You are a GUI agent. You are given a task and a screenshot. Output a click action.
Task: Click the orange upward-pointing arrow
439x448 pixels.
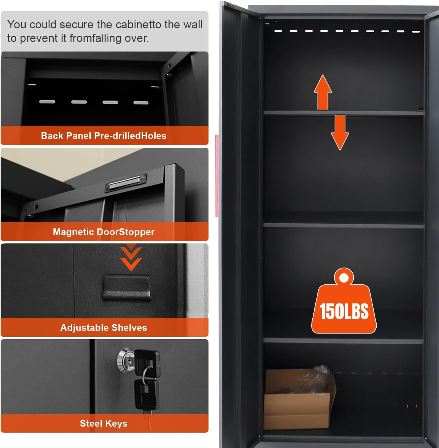tap(323, 92)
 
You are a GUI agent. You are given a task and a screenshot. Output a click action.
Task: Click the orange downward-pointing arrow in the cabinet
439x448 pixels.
tap(340, 132)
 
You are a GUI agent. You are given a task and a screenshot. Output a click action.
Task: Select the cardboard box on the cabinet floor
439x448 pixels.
tap(300, 399)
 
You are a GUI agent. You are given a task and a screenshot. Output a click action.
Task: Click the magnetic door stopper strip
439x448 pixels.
tap(125, 183)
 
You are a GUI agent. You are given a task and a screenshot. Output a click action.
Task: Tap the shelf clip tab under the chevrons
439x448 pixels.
tap(127, 287)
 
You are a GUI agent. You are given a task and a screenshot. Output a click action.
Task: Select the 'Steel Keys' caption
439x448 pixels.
tap(104, 423)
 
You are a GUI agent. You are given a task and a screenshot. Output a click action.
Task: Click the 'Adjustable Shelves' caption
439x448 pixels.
tap(104, 327)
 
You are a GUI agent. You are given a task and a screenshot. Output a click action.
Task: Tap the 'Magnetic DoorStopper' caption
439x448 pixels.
tap(104, 232)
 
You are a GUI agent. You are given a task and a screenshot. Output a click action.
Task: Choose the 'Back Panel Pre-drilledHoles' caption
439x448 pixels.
tap(104, 136)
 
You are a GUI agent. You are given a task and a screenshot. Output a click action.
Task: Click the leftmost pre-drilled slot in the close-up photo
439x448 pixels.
tap(47, 102)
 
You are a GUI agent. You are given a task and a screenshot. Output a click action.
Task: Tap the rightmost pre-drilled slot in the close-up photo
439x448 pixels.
tap(141, 103)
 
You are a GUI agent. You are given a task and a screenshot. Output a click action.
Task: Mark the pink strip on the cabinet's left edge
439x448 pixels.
tap(217, 176)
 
